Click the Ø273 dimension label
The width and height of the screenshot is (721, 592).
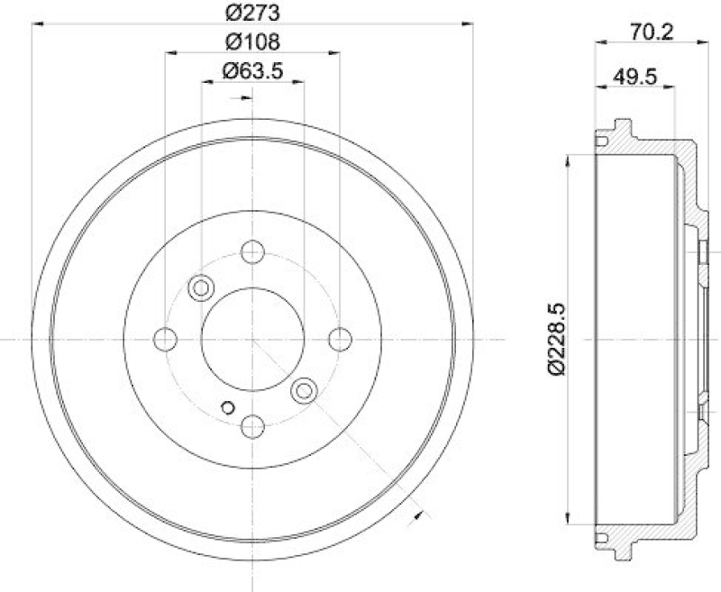pyautogui.click(x=251, y=13)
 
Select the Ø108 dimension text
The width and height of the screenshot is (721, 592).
pyautogui.click(x=251, y=41)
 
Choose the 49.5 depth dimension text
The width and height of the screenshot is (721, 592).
pyautogui.click(x=633, y=76)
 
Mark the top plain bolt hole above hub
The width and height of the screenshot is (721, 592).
pyautogui.click(x=252, y=252)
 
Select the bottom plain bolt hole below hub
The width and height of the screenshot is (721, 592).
pyautogui.click(x=252, y=424)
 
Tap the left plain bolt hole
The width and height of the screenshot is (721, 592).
pyautogui.click(x=166, y=339)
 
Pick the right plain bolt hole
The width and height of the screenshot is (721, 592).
pyautogui.click(x=339, y=339)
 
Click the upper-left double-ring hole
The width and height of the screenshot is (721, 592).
pyautogui.click(x=199, y=287)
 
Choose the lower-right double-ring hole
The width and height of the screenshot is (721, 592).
pyautogui.click(x=305, y=389)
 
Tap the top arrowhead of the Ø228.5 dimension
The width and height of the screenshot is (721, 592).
pyautogui.click(x=568, y=159)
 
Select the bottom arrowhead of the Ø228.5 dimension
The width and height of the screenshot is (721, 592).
pyautogui.click(x=568, y=519)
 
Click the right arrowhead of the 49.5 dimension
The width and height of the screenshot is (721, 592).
pyautogui.click(x=671, y=87)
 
